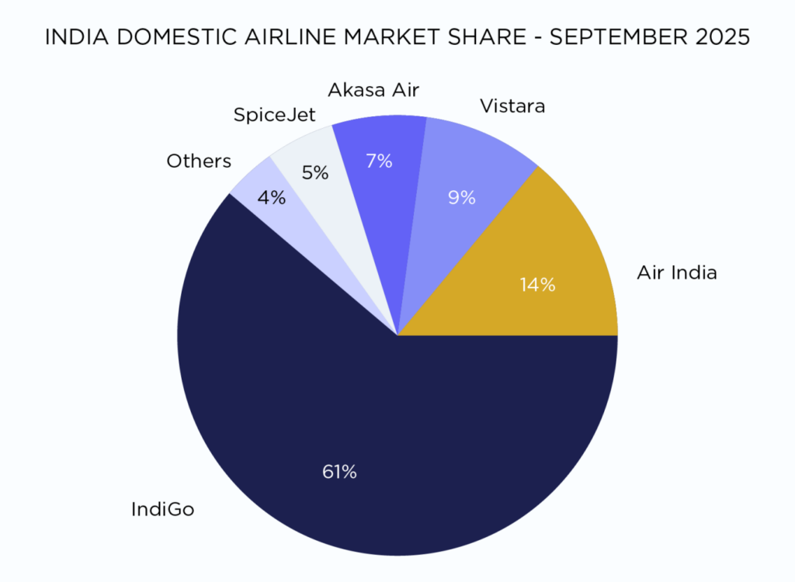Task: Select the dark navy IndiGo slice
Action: (388, 435)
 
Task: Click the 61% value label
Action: (339, 471)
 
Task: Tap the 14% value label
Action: (538, 285)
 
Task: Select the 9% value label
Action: (461, 198)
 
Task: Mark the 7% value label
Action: (379, 161)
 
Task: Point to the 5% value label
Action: (315, 172)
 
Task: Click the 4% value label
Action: (272, 197)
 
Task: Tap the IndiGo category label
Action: (162, 510)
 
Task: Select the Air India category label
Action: (677, 272)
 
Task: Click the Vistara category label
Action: (512, 106)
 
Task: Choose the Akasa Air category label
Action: (373, 90)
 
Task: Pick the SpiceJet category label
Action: (275, 116)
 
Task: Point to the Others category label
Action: (199, 161)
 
